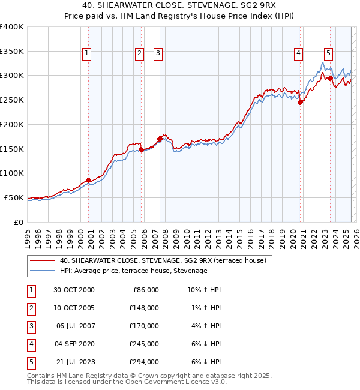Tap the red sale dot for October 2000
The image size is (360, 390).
(x=89, y=180)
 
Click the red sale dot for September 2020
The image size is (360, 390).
(x=301, y=102)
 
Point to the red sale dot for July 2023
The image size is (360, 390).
(x=331, y=78)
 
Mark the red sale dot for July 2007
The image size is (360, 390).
(x=160, y=139)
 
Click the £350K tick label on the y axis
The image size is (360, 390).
(x=13, y=52)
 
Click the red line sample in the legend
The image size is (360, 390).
(x=42, y=260)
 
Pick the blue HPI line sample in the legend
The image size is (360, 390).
(x=42, y=271)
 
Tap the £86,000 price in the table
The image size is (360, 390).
(x=144, y=290)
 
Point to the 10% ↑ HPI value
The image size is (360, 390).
(x=203, y=290)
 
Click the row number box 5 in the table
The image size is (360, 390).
(x=30, y=362)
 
